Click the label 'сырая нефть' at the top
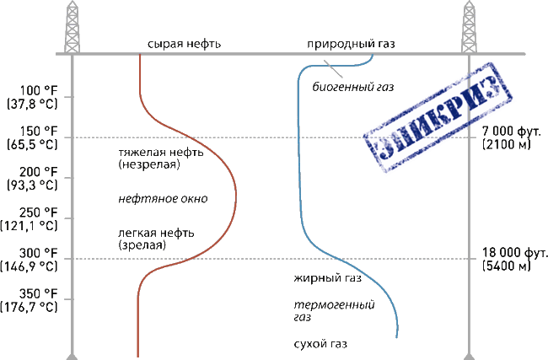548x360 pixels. (x=183, y=44)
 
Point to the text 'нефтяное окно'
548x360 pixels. (x=162, y=199)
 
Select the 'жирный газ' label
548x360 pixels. (x=327, y=277)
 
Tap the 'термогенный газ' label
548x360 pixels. (x=332, y=310)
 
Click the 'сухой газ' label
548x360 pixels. (x=320, y=344)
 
